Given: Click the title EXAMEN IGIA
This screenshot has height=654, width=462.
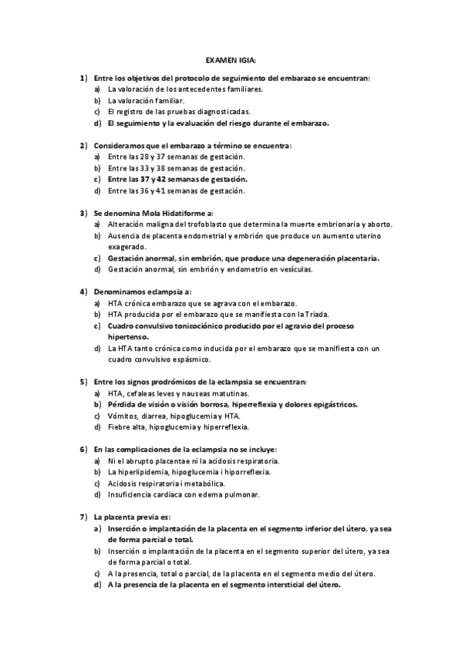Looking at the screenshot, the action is click(x=231, y=58).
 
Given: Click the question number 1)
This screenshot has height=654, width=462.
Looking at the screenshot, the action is click(x=83, y=78).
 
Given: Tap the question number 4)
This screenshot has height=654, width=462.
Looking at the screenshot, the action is click(x=83, y=292).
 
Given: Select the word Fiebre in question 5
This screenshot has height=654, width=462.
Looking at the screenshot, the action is click(x=120, y=426).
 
